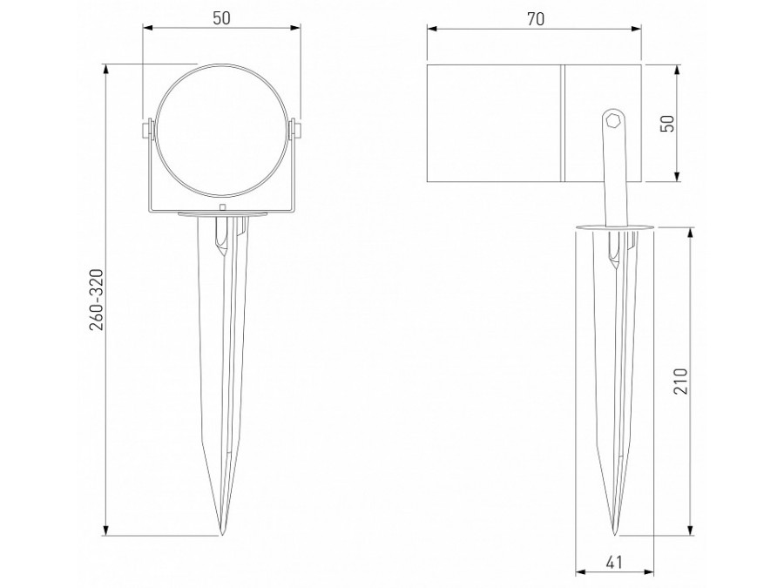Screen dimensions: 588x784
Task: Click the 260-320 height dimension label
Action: coord(97,299)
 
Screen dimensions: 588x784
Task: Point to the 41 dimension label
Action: coord(615,562)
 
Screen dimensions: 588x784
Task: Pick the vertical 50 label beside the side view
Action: coord(668,123)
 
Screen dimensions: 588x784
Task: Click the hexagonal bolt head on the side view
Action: coord(613,121)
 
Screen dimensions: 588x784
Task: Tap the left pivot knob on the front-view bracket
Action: coord(146,130)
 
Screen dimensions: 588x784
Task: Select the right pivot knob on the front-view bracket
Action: coord(297,130)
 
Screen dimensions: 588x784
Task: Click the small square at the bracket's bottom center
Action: coord(222,207)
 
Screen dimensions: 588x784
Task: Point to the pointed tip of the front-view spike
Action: coord(220,533)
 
